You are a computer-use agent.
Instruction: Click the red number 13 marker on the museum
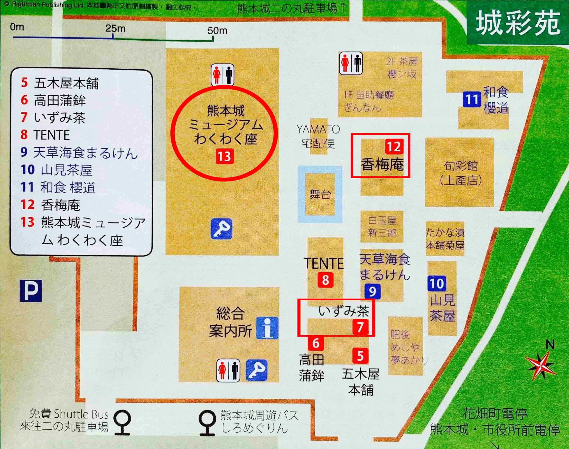click(224, 157)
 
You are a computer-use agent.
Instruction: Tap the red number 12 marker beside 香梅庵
click(394, 147)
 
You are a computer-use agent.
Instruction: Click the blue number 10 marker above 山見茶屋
click(437, 283)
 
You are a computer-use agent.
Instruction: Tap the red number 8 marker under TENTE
click(325, 280)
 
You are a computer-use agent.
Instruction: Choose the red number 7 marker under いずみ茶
click(360, 327)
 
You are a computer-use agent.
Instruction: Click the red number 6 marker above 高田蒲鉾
click(316, 343)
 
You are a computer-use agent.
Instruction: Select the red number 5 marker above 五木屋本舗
click(360, 356)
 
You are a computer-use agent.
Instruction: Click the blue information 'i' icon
click(267, 328)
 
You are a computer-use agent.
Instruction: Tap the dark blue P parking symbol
click(31, 291)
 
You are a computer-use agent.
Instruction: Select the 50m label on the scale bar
click(217, 31)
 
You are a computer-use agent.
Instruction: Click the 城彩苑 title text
click(518, 23)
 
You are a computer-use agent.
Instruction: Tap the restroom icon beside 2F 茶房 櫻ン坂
click(351, 63)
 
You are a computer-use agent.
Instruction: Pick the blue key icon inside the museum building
click(221, 229)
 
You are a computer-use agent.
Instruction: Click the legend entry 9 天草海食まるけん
click(79, 153)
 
